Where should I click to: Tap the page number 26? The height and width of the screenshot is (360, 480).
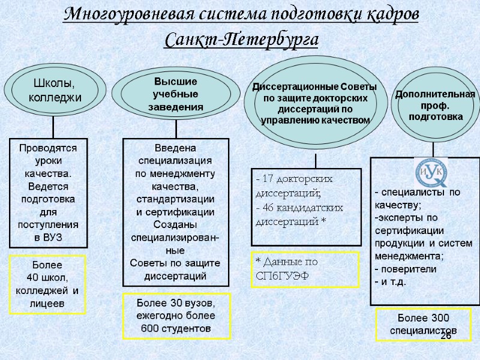pos(446,335)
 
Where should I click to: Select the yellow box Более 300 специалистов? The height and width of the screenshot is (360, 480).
pos(423,323)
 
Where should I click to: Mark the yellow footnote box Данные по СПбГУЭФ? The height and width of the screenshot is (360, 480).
pos(304,270)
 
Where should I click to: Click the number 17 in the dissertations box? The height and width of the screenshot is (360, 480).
pos(269,179)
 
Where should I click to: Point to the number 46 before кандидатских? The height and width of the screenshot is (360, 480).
pos(269,208)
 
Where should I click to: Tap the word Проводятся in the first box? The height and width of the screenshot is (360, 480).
pos(49,147)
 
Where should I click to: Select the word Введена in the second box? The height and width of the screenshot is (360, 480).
pos(176,148)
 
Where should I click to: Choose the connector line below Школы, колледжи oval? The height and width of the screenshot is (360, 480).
pos(53,127)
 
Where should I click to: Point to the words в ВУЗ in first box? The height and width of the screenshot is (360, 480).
pos(49,238)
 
